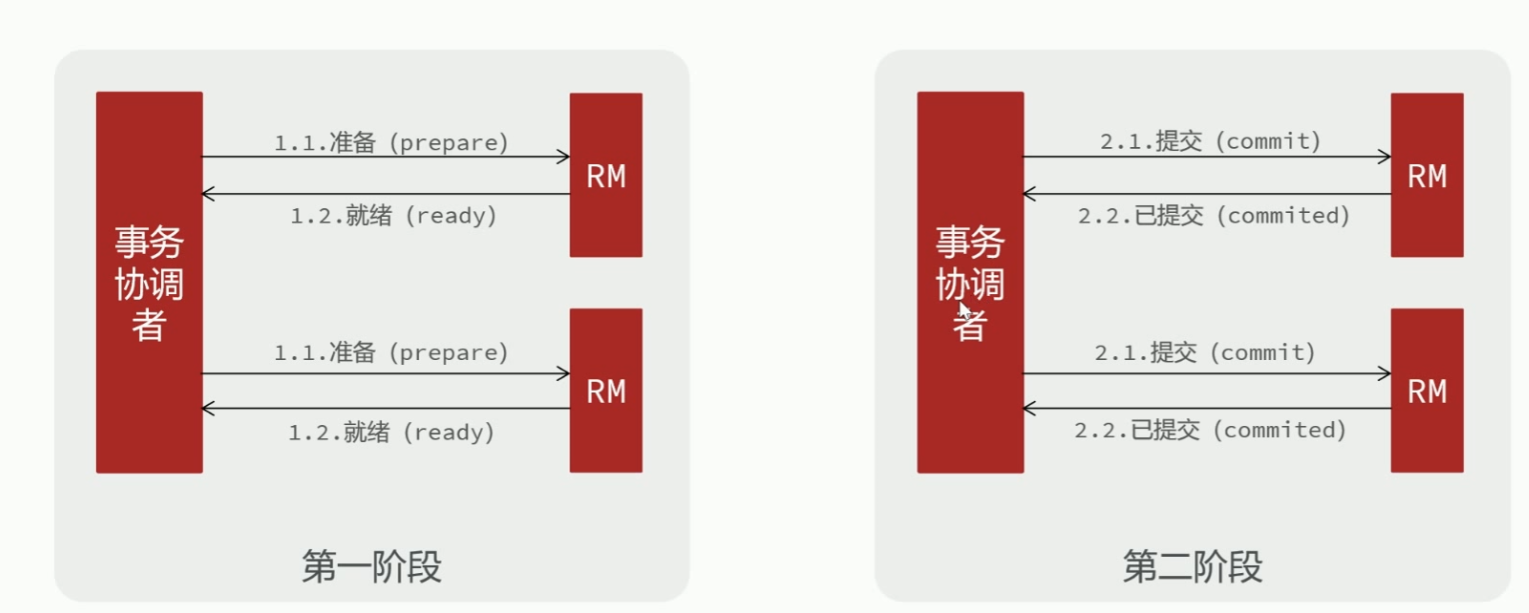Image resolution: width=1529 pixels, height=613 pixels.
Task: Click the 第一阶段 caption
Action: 371,567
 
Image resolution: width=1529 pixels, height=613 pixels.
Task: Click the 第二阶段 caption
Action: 1192,567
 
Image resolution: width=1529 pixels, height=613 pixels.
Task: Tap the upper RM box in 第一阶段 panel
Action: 606,175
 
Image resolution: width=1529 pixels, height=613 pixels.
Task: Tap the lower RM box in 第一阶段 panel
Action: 606,390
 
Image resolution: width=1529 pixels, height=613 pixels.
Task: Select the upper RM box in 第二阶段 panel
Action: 1427,175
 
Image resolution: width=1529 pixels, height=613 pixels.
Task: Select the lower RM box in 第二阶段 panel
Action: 1427,390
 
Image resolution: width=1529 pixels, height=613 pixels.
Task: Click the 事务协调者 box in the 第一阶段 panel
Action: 149,282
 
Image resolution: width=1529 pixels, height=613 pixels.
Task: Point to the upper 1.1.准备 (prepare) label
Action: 392,142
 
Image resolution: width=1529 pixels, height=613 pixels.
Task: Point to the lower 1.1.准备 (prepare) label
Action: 392,353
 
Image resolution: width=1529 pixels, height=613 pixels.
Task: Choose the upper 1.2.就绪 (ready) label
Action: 394,215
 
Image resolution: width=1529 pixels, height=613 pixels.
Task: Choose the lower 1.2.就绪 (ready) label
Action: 392,432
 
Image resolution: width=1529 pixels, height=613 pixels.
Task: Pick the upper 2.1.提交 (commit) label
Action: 1211,142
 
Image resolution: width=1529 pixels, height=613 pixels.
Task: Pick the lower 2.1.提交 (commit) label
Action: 1205,353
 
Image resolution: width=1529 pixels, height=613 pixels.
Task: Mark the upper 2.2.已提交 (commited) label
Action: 1214,215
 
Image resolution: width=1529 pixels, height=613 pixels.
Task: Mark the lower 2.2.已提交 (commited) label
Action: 1210,430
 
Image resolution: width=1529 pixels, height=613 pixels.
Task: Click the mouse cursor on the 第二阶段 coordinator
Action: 964,310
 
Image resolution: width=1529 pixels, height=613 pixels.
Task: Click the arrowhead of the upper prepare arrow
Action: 564,157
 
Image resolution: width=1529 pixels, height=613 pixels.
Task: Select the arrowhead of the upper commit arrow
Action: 1385,157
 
